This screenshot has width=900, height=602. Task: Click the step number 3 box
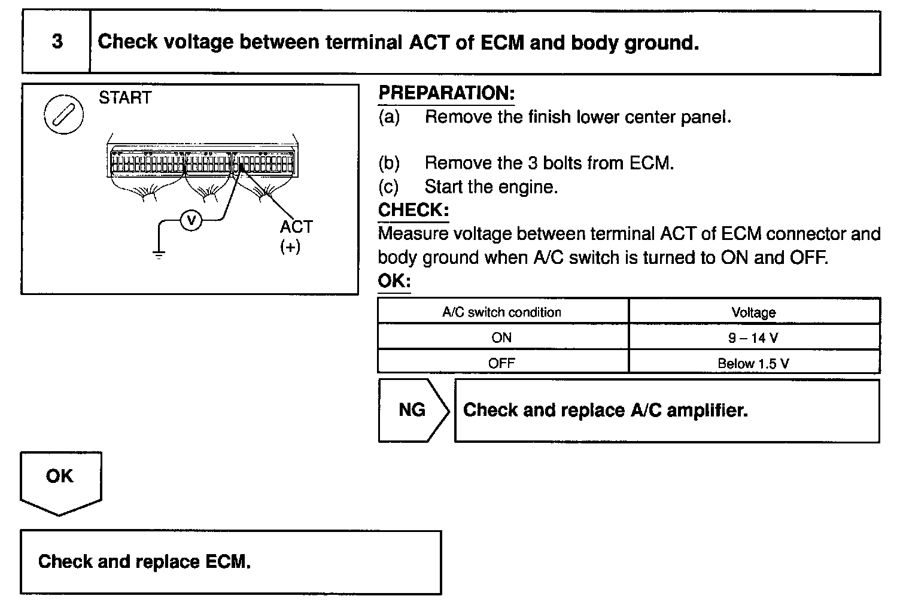coord(57,42)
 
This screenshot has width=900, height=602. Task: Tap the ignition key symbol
coord(63,114)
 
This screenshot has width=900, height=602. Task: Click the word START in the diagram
coord(124,98)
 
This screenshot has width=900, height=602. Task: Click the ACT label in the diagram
coord(296,227)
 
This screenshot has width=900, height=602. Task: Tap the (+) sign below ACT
coord(290,247)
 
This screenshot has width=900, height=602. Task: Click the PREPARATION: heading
coord(446,93)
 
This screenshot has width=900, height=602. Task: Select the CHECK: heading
coord(413,210)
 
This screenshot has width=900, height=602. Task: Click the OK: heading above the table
coord(394,281)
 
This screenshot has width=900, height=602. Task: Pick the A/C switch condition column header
coord(501,312)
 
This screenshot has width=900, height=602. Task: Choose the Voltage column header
coord(753,312)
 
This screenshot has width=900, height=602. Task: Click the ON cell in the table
coord(501,338)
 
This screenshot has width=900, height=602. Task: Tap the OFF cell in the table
coord(501,363)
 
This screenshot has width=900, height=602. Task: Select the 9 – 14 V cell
coord(753,338)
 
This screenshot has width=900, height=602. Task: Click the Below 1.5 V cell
coord(753,363)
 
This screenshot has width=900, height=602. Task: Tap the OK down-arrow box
coord(60,479)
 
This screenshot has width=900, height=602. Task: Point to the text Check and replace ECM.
coord(144,562)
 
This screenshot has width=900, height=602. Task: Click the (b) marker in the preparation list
coord(389,163)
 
